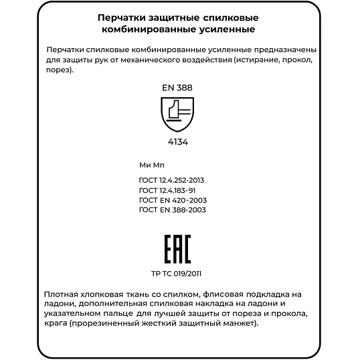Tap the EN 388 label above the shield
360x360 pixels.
(x=177, y=88)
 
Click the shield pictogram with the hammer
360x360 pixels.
(x=177, y=113)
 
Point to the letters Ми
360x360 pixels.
(x=145, y=164)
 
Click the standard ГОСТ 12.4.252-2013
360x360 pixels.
(x=171, y=181)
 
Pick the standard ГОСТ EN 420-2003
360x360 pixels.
(x=172, y=200)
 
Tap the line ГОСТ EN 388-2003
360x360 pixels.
(x=172, y=209)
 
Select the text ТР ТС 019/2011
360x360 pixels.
(x=177, y=273)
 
